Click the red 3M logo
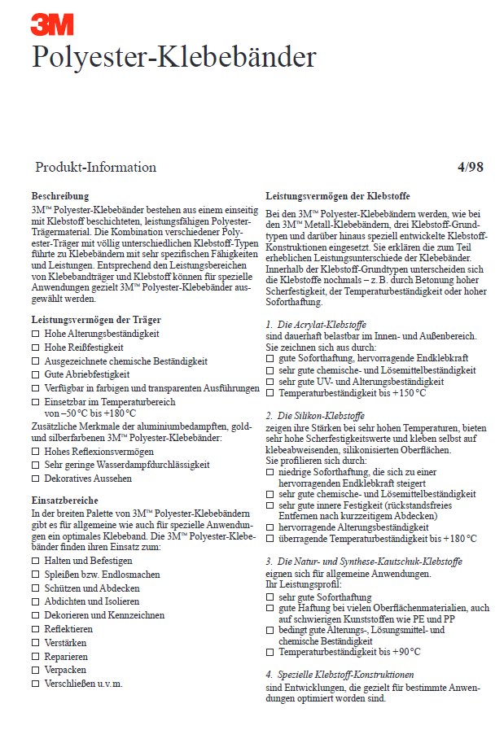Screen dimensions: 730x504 (51, 24)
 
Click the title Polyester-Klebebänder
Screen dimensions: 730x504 (173, 58)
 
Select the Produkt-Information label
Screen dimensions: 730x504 (95, 168)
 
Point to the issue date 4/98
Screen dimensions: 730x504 (471, 168)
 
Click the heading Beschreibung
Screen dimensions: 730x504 (60, 196)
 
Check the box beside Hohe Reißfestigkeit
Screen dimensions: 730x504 (35, 348)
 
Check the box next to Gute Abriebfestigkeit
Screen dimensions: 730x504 (35, 375)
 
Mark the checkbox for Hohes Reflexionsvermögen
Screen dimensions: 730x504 (35, 452)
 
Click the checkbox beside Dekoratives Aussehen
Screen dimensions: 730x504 (35, 479)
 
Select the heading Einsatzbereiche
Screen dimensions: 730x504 (64, 501)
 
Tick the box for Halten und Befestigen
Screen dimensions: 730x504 (35, 561)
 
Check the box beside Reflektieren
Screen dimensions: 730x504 (35, 629)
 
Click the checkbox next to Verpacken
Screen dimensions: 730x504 (35, 670)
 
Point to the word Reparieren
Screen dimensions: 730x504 (70, 656)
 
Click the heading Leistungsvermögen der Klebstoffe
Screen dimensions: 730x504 (338, 196)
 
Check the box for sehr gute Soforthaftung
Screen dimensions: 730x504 (270, 597)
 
